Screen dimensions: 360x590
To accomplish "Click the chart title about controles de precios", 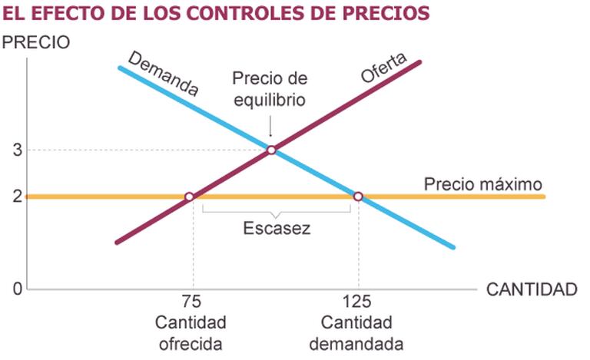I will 215,14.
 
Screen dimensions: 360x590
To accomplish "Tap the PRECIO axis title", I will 37,42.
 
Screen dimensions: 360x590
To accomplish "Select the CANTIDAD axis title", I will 532,289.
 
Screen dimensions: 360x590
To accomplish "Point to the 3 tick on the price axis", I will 17,150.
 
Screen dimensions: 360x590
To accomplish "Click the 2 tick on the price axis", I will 17,197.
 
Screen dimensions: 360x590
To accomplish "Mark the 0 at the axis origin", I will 17,289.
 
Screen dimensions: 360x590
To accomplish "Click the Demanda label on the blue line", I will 163,74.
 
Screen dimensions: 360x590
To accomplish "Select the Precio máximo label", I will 483,184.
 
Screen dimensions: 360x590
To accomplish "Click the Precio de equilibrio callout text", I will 270,89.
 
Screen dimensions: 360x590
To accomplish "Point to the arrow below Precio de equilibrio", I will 270,125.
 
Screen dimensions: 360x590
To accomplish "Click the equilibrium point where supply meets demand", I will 271,150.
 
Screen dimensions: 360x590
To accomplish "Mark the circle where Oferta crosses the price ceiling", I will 190,197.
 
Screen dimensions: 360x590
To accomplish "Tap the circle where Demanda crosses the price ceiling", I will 357,197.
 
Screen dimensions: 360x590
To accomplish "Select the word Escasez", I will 277,229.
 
